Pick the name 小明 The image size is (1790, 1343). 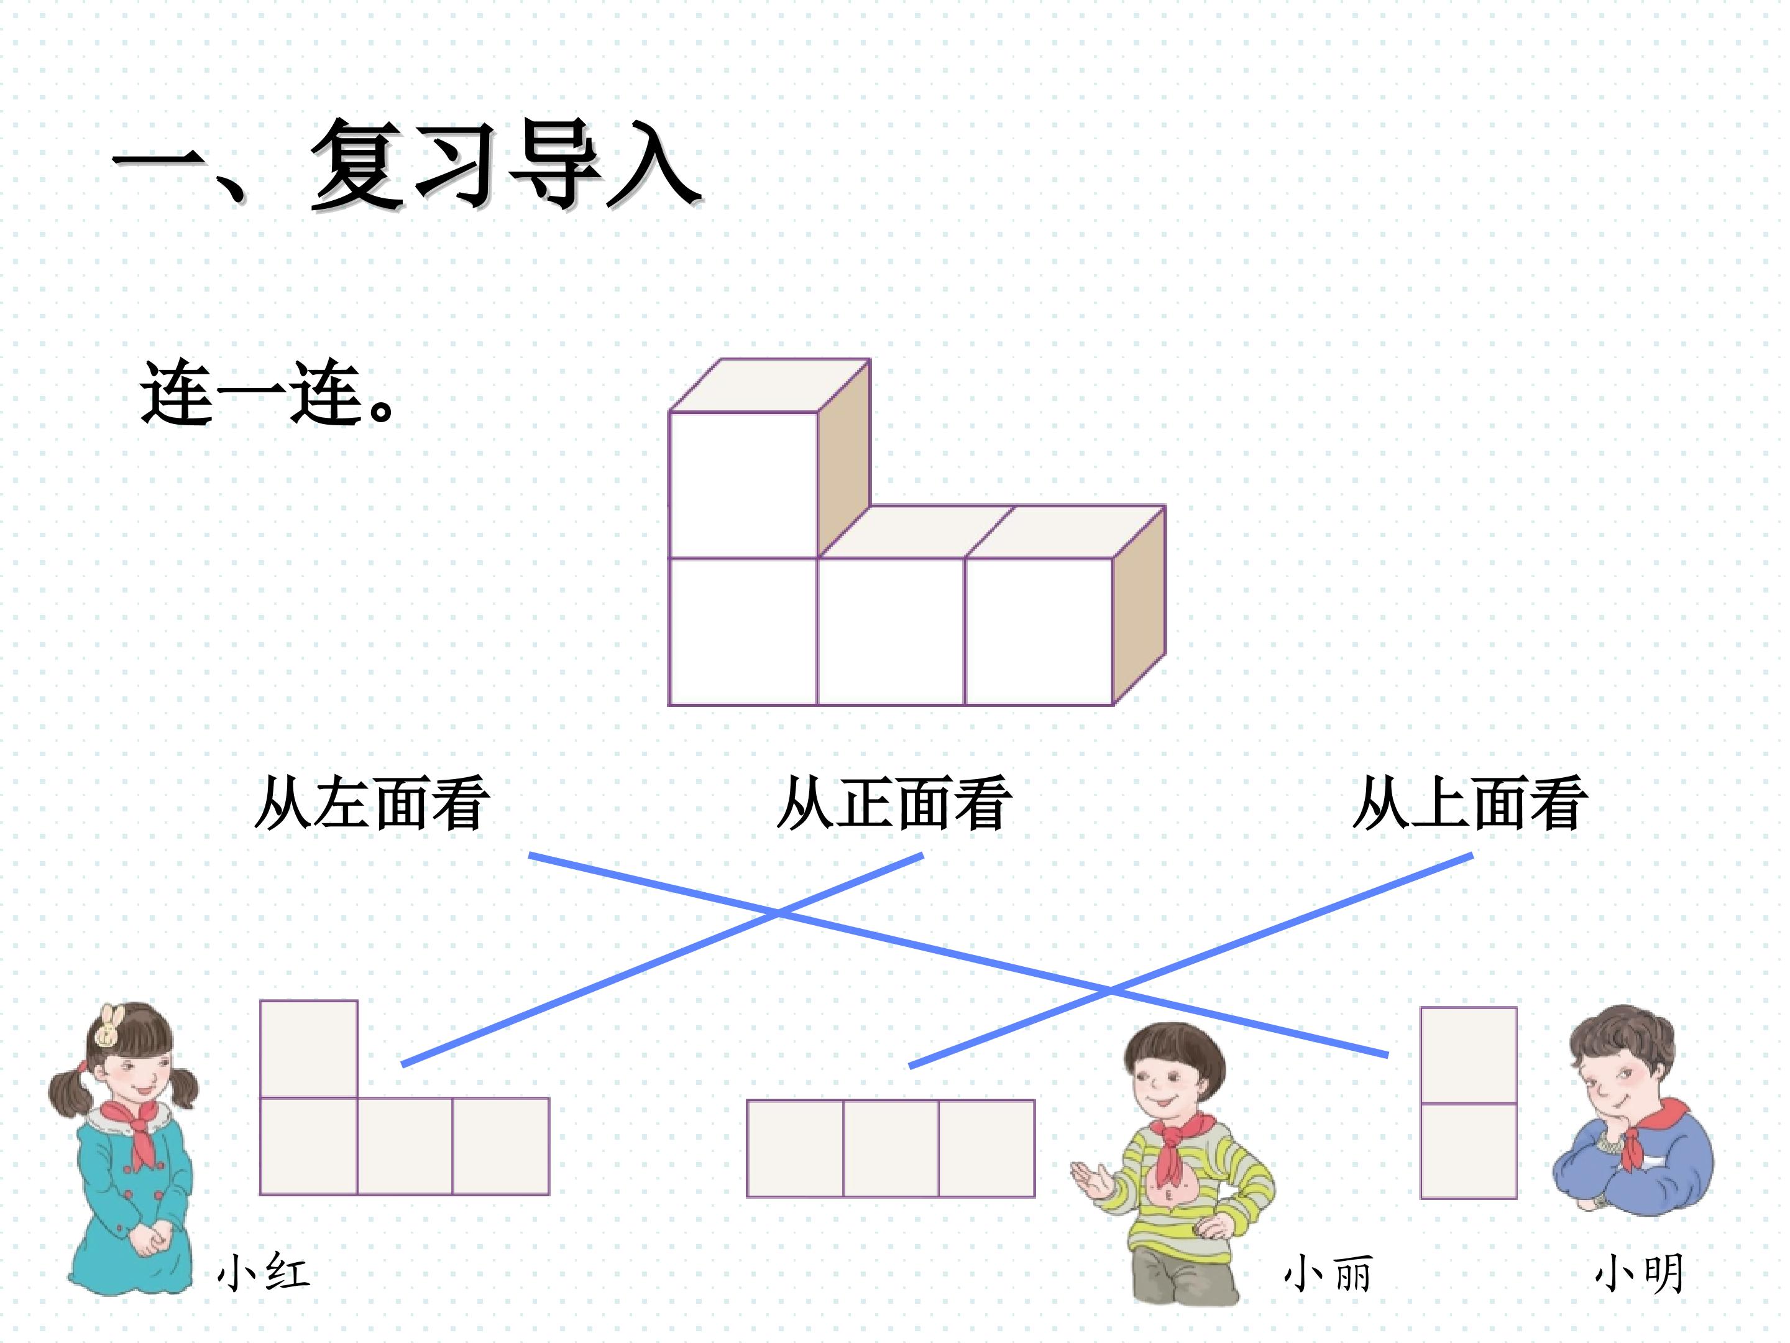tap(1640, 1273)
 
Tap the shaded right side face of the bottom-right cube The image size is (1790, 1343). tap(1139, 606)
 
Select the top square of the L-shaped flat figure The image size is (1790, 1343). tap(308, 1049)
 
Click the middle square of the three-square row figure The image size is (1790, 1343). tap(891, 1148)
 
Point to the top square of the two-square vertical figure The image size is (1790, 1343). tap(1469, 1056)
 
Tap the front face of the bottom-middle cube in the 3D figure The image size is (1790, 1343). tap(891, 632)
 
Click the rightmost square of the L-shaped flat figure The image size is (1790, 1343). tap(501, 1147)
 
